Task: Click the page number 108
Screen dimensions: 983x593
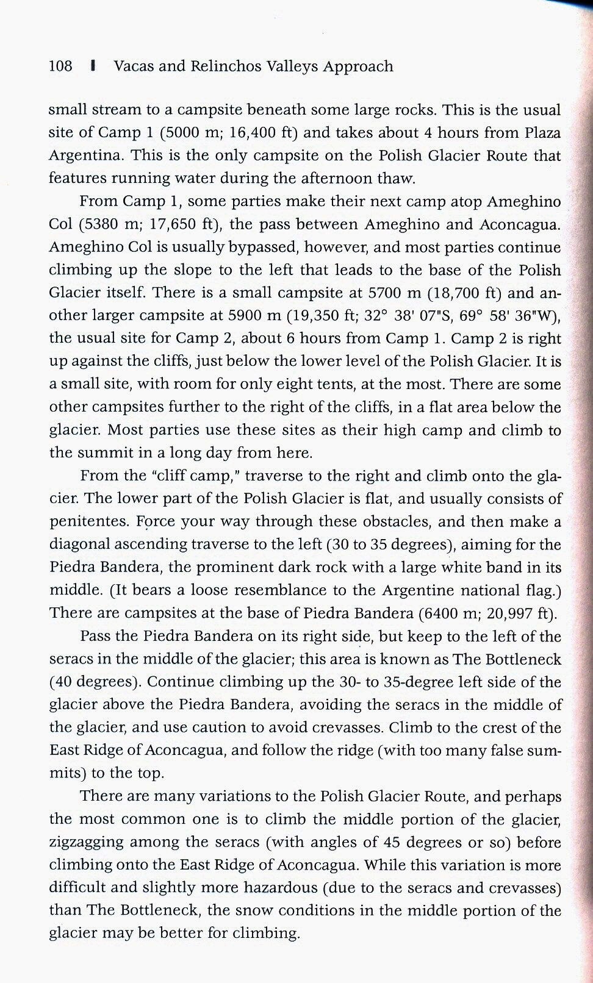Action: (x=60, y=66)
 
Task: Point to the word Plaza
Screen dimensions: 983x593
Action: (x=541, y=133)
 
